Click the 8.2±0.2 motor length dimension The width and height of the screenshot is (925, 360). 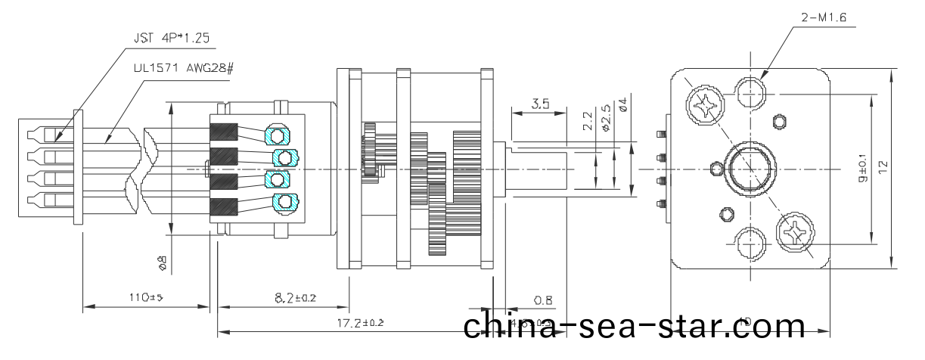[284, 298]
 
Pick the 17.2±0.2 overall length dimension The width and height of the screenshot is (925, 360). [360, 323]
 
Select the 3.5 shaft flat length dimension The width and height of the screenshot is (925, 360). [540, 104]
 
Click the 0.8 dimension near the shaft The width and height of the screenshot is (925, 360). [542, 300]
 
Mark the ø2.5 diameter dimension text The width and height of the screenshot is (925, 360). [607, 117]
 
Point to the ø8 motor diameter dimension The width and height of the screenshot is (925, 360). [163, 262]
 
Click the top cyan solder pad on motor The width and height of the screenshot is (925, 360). [277, 135]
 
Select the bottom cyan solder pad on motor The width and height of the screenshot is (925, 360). [284, 202]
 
